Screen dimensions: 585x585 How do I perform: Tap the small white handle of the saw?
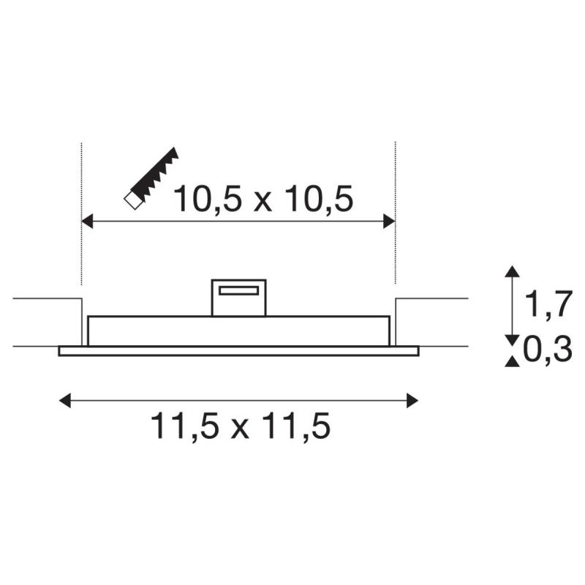pos(132,199)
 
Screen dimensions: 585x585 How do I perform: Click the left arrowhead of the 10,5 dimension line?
pos(87,222)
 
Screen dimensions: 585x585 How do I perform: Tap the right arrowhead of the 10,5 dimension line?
pos(389,222)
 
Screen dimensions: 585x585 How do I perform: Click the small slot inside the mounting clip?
pos(238,291)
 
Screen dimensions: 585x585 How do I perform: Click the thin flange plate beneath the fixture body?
pos(238,351)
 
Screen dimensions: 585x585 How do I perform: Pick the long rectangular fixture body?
pos(238,331)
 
